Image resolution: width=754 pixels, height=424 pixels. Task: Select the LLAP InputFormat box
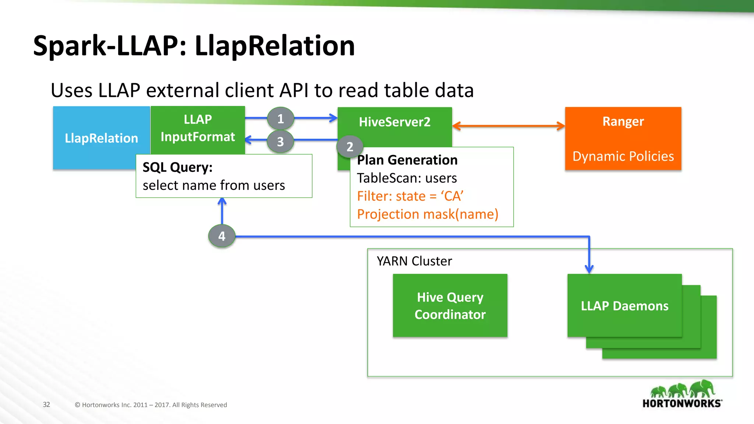(198, 128)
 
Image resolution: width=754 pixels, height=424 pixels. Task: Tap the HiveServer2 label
(395, 122)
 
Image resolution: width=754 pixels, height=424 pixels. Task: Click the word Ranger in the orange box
(623, 121)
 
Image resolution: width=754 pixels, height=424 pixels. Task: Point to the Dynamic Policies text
(623, 156)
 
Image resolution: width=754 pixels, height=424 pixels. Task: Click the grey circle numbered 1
(281, 119)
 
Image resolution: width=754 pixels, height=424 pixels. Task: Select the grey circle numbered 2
(350, 147)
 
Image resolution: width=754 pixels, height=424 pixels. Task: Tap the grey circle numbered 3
(281, 141)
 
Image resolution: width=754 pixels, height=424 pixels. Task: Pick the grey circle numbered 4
(222, 236)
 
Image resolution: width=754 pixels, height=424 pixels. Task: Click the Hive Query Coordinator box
(450, 305)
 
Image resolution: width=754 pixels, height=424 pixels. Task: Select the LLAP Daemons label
(624, 306)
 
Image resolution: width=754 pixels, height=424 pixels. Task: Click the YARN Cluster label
(414, 261)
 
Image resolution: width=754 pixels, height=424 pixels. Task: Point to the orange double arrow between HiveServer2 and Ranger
(508, 126)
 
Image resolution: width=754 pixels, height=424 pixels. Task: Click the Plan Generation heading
(407, 160)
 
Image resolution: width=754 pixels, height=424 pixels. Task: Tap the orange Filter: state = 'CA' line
(410, 196)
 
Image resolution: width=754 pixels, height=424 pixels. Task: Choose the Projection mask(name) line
(427, 214)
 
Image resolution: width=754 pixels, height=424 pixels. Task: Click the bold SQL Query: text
(177, 167)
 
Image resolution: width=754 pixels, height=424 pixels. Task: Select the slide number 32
(46, 404)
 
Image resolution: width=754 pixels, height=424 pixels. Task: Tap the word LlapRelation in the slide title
(275, 46)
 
